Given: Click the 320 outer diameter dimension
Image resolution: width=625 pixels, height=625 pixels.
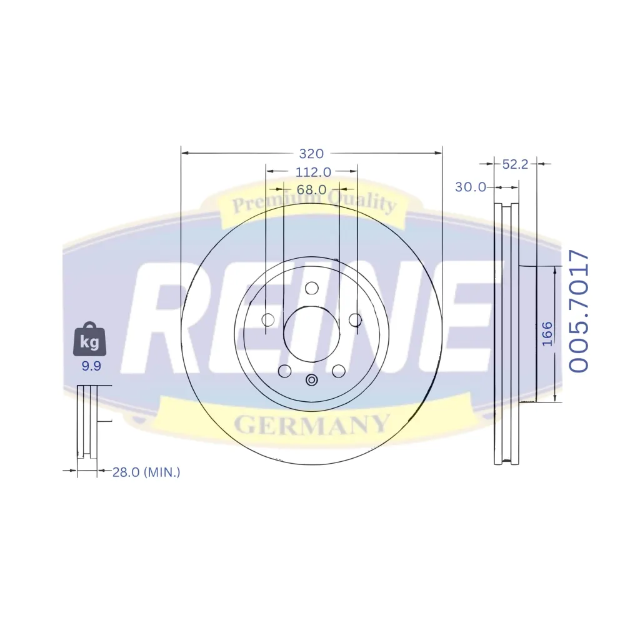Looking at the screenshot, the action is (x=311, y=154).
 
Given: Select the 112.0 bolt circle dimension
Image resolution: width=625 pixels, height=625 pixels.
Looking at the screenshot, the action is (x=313, y=172).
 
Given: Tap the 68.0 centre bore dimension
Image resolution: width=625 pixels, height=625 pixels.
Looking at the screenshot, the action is (x=311, y=189).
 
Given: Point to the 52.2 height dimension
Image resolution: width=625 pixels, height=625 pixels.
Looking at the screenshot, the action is (x=515, y=164).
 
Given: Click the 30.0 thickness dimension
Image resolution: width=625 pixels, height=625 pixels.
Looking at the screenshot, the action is (x=471, y=186).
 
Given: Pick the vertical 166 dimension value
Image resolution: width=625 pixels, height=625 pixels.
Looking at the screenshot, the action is (x=547, y=334).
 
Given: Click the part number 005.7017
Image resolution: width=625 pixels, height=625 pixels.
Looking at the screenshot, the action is (x=578, y=311).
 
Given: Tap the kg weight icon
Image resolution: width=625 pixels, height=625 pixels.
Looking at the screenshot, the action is (x=89, y=339).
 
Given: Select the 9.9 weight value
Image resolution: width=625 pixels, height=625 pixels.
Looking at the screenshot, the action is (x=91, y=366).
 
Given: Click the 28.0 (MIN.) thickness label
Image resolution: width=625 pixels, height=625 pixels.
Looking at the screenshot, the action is (x=146, y=472).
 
